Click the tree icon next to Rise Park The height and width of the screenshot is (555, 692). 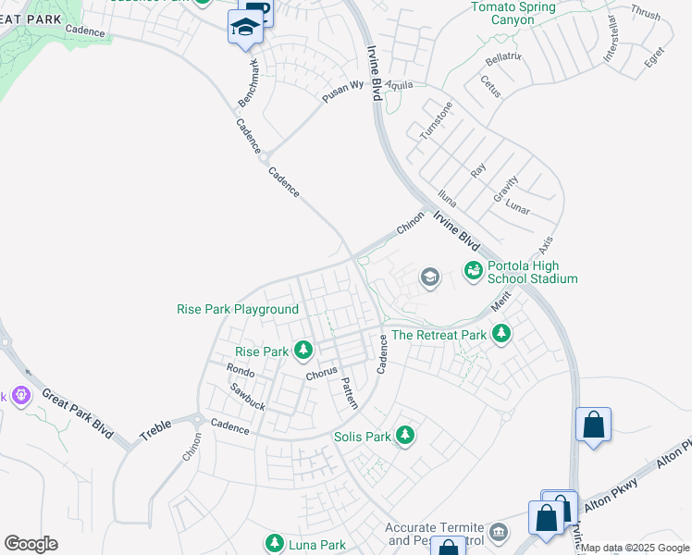[x=303, y=350]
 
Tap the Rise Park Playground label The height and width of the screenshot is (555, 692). [x=238, y=309]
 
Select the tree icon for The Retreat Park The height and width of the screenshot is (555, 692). [x=501, y=333]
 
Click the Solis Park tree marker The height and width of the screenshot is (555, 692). [x=404, y=435]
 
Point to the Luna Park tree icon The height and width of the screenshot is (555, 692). [x=274, y=542]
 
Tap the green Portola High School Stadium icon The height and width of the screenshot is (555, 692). [x=473, y=270]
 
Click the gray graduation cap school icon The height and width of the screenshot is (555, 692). [x=429, y=277]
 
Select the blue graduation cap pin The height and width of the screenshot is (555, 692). [x=245, y=28]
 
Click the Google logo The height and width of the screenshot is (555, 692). [x=31, y=544]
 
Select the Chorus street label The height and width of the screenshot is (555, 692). [x=321, y=376]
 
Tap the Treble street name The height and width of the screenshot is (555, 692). [x=155, y=430]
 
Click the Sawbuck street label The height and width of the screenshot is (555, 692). [x=247, y=397]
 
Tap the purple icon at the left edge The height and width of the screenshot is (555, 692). [x=20, y=397]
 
